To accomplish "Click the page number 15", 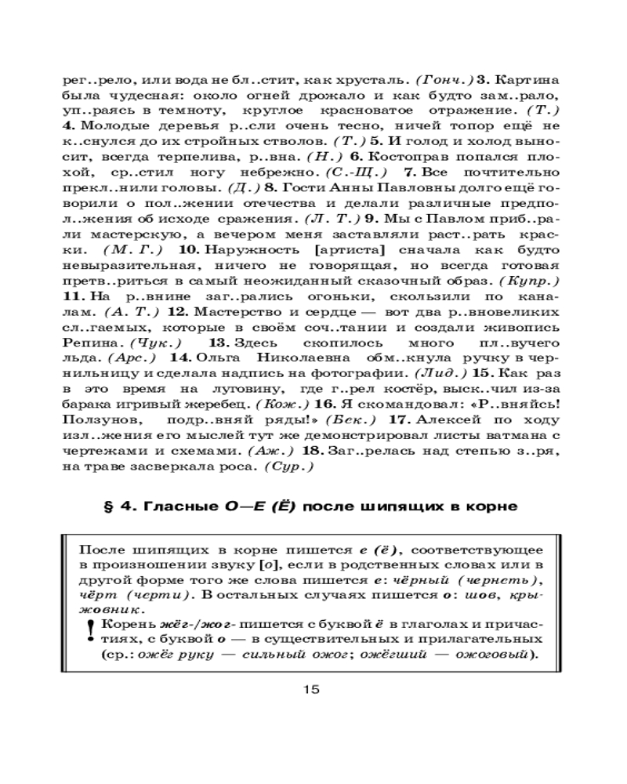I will coord(311,690).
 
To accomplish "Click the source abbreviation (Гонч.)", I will coord(443,81).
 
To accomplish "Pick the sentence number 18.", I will coord(312,451).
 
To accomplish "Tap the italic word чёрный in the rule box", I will coord(426,580).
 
